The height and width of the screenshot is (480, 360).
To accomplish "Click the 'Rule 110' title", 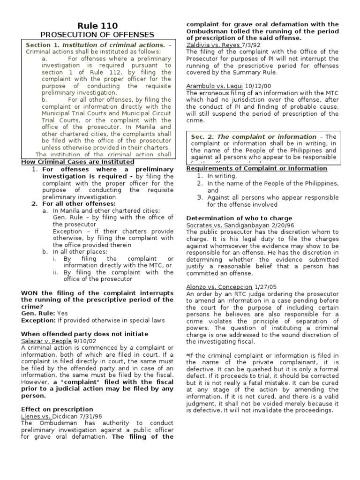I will point(97,25).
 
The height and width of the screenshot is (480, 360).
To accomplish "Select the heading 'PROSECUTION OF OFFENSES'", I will point(97,34).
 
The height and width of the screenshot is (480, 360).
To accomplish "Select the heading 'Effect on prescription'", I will point(57,409).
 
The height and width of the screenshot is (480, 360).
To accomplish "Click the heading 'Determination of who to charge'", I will point(239,218).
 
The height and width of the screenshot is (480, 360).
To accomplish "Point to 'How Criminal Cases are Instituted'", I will point(78,162).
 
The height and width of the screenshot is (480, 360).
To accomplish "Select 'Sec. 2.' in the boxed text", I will point(202,136).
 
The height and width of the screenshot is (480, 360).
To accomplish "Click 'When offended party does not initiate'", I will point(85,334).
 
